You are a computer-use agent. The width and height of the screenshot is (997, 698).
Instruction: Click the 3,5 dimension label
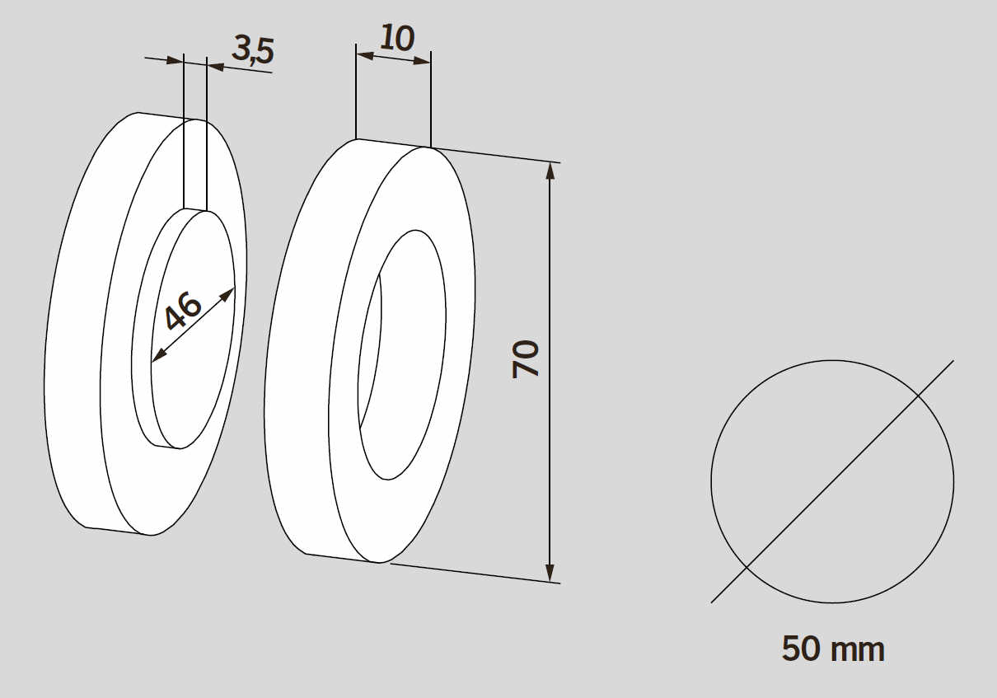(x=252, y=49)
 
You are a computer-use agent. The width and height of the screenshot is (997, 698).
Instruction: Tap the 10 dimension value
(x=397, y=37)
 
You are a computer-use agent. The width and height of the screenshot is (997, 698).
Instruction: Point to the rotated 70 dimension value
(x=526, y=358)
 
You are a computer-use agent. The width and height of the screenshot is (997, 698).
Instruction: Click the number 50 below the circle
(x=803, y=649)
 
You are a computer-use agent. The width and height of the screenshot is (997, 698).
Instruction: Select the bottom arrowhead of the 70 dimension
(x=550, y=574)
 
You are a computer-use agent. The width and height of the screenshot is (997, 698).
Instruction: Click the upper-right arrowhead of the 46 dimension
(x=228, y=293)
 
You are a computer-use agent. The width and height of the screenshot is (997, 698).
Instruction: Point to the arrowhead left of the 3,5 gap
(x=176, y=60)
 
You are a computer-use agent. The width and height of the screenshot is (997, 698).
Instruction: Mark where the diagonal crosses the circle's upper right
(x=918, y=396)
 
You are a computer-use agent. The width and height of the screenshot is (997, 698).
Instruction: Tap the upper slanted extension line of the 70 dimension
(x=494, y=155)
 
